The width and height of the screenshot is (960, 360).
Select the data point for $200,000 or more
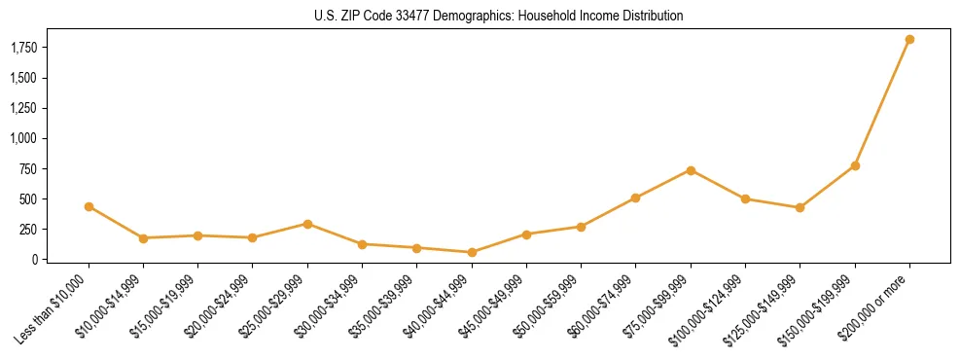pyautogui.click(x=909, y=40)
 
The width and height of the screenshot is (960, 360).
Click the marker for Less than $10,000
pyautogui.click(x=89, y=206)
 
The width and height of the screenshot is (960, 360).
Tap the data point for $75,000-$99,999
pyautogui.click(x=691, y=170)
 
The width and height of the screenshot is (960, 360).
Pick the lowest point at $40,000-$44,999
pyautogui.click(x=472, y=252)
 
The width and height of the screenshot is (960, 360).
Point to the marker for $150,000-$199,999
pyautogui.click(x=855, y=165)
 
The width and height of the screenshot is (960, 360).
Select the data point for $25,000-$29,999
pyautogui.click(x=307, y=224)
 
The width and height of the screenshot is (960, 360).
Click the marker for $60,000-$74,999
pyautogui.click(x=635, y=198)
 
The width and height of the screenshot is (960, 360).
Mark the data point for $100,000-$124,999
pyautogui.click(x=745, y=198)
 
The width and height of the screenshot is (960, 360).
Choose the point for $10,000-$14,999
pyautogui.click(x=143, y=237)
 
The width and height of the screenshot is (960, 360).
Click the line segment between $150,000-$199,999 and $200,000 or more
pyautogui.click(x=882, y=103)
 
